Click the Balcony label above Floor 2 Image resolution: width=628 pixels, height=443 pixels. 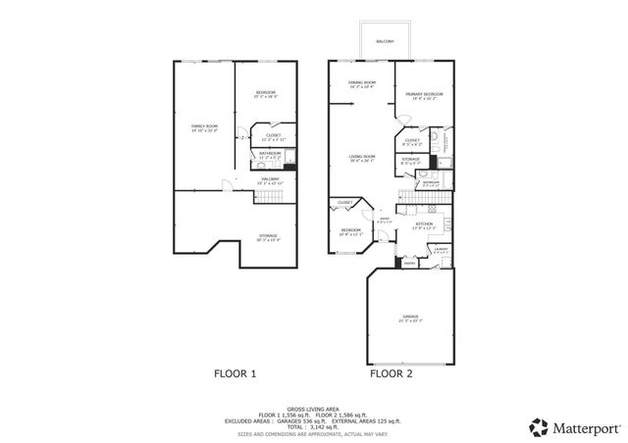pyautogui.click(x=385, y=41)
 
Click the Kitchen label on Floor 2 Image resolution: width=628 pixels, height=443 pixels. pyautogui.click(x=423, y=225)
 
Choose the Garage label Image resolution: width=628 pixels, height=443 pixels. pyautogui.click(x=409, y=317)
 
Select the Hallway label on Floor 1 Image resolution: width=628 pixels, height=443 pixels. pyautogui.click(x=268, y=179)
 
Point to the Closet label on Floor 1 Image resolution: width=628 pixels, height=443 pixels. pyautogui.click(x=273, y=135)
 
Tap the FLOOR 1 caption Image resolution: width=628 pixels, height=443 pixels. pyautogui.click(x=235, y=373)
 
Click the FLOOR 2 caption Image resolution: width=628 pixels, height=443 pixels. pyautogui.click(x=392, y=373)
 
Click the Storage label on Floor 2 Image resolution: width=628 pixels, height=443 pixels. pyautogui.click(x=410, y=159)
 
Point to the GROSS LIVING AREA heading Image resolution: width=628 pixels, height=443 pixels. pyautogui.click(x=314, y=408)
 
